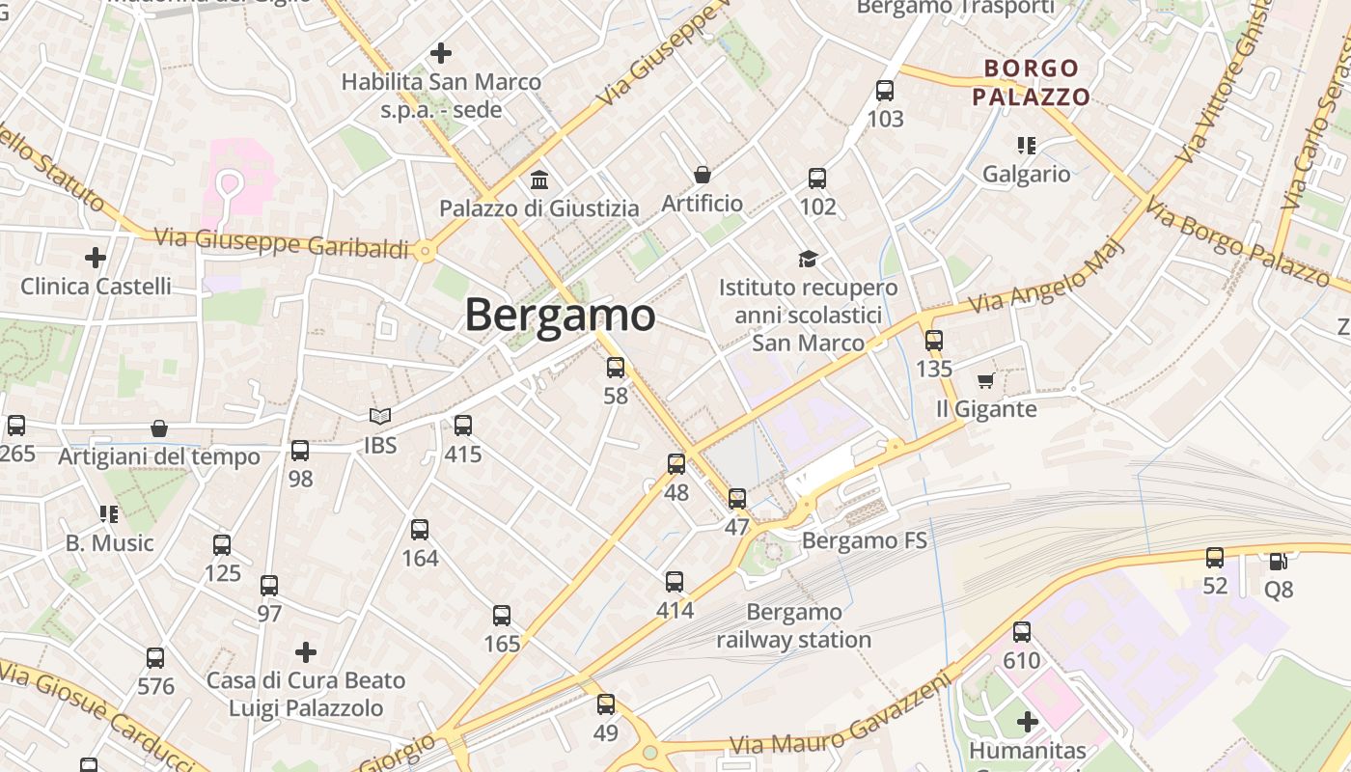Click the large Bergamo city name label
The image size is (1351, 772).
click(x=561, y=316)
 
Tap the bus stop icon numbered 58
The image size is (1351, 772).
click(x=615, y=368)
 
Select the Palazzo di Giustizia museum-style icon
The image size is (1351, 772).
click(x=539, y=179)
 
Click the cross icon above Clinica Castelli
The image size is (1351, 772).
click(x=95, y=258)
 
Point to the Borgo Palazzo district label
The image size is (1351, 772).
click(x=1031, y=82)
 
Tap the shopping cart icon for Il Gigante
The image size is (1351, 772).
click(x=985, y=381)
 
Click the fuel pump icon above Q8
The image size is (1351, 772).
click(x=1278, y=561)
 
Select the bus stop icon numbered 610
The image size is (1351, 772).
click(x=1021, y=632)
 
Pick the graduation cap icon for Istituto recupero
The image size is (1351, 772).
click(x=808, y=259)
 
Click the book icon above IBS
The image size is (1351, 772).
click(x=380, y=417)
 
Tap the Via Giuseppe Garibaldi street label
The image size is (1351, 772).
click(x=282, y=242)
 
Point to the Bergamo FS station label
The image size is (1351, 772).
click(x=865, y=540)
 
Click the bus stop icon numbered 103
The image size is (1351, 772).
click(x=884, y=91)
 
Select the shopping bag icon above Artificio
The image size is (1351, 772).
click(x=702, y=175)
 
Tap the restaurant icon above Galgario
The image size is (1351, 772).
click(x=1026, y=146)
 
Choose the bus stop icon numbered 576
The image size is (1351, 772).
click(x=154, y=658)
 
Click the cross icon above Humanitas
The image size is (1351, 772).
click(x=1027, y=721)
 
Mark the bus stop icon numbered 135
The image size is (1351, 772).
click(x=933, y=340)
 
